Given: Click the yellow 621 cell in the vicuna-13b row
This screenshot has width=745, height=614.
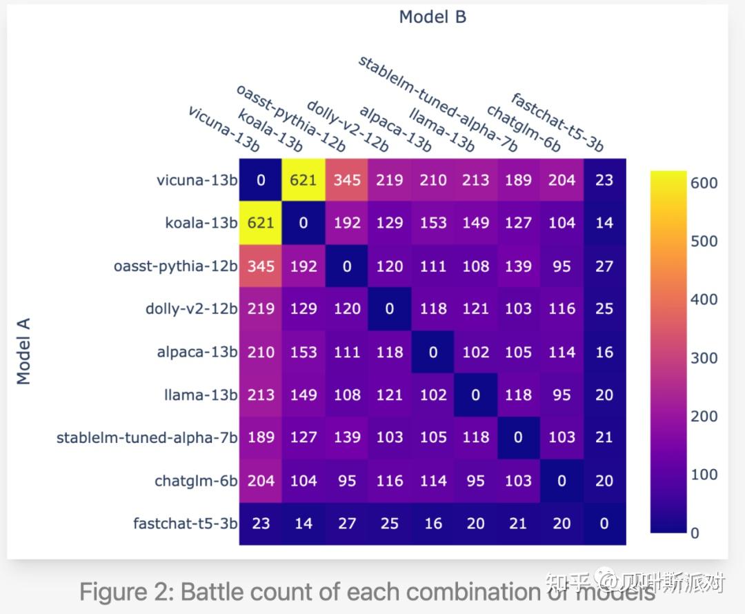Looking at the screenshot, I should [x=303, y=180].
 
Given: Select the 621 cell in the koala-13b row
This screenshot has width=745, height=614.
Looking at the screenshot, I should [x=261, y=223].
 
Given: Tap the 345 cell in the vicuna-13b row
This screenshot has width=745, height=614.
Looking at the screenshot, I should [x=347, y=180].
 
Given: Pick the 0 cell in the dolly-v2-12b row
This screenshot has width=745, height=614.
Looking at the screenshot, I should [x=390, y=309].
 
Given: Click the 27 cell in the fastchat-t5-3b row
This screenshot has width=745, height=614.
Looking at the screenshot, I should [x=347, y=524].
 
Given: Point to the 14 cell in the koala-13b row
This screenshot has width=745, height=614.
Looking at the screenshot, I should [x=604, y=223].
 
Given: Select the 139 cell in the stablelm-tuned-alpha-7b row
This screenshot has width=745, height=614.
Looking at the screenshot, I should [x=347, y=437].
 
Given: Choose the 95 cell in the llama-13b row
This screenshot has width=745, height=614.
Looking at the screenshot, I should [x=562, y=395].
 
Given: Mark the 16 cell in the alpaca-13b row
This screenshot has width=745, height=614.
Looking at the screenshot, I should [x=604, y=352].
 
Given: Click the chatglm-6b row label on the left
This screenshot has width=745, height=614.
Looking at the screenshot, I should [x=196, y=481].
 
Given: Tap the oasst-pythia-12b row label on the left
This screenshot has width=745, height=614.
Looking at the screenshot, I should [x=175, y=266].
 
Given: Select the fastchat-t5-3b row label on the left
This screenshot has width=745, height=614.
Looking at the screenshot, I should [x=185, y=524].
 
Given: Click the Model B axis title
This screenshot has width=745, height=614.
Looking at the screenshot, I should [x=433, y=17].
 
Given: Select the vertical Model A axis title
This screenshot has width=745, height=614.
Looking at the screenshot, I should [x=24, y=351].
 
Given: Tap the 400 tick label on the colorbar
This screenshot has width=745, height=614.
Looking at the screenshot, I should [x=704, y=299].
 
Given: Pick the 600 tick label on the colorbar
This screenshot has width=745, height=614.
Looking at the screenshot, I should [x=704, y=183].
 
